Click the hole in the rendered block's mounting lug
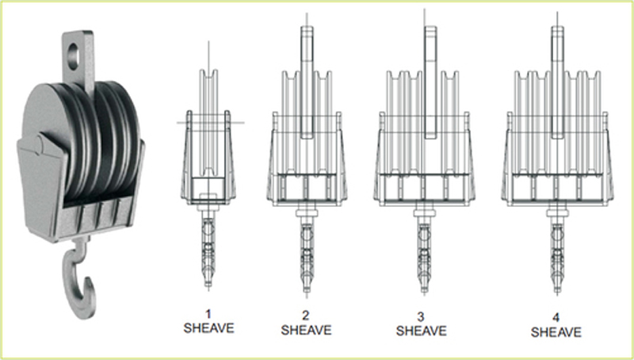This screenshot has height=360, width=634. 74,56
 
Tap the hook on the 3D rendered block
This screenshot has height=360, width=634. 78,279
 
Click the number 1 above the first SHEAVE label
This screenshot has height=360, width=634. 208,314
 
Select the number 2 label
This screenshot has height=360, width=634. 306,316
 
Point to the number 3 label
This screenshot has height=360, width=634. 421,316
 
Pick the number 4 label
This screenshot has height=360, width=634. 556,317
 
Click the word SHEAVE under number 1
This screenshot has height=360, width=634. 208,328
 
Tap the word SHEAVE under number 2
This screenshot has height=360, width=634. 306,330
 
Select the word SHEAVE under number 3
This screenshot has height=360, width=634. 422,331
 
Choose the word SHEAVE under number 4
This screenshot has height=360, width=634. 556,332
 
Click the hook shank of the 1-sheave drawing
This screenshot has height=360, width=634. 208,251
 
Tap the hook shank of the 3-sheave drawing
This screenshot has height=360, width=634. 424,257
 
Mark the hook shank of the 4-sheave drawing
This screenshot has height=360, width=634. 557,257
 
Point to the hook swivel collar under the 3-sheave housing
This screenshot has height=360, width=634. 424,213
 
